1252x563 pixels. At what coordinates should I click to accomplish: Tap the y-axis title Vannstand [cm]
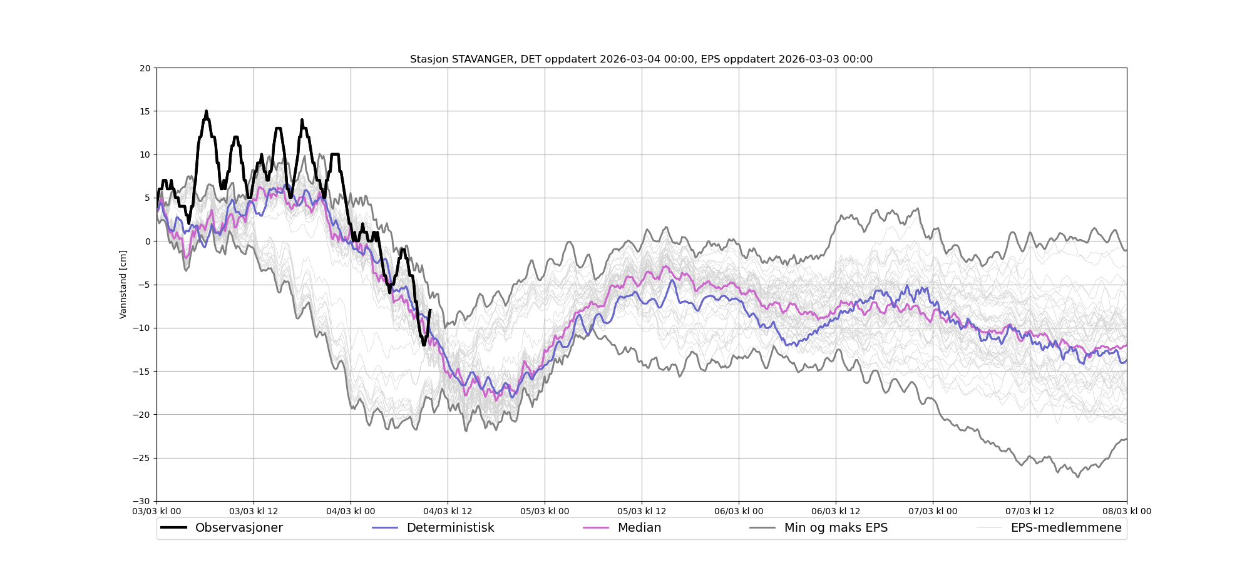coord(123,285)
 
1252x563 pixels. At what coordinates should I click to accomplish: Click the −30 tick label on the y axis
coord(143,501)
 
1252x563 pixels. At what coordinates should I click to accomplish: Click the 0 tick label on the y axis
coord(148,241)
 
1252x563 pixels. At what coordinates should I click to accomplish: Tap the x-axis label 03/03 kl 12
coord(254,511)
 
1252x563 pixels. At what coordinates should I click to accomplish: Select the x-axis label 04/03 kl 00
coord(351,511)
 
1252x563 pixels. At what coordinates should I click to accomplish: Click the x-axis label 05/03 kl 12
coord(642,511)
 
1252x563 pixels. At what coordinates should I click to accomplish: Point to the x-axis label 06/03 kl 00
coord(739,511)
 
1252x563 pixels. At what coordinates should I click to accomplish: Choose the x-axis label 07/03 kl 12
coord(1030,511)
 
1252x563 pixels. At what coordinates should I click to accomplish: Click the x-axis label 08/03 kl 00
coord(1127,511)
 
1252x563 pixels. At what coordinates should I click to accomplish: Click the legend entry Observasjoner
coord(239,528)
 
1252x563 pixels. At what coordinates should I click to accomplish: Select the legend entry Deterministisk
coord(450,528)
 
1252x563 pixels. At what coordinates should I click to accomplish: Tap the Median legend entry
coord(639,528)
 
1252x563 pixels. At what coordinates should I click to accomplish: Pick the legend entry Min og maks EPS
coord(836,528)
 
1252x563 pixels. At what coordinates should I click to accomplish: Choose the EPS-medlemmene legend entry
coord(1065,528)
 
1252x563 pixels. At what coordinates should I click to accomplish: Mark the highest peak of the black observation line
coord(206,111)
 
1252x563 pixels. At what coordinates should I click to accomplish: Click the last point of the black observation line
coord(430,310)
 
